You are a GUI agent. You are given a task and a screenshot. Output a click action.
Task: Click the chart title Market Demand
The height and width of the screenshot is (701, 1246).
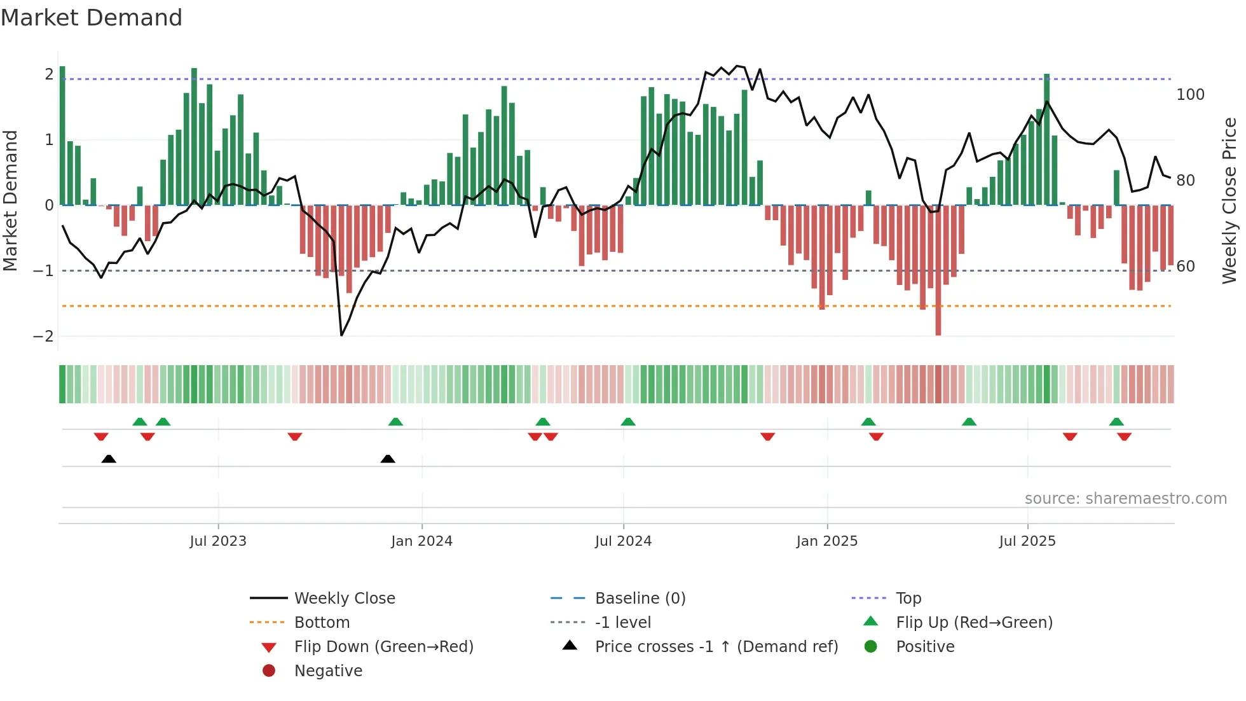pyautogui.click(x=92, y=18)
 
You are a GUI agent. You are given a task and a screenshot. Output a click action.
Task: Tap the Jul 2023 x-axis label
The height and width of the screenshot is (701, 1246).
pyautogui.click(x=218, y=541)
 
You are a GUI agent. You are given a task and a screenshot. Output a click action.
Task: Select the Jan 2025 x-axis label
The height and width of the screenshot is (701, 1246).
pyautogui.click(x=826, y=541)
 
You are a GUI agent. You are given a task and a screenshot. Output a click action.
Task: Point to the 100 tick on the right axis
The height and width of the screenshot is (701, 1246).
pyautogui.click(x=1190, y=95)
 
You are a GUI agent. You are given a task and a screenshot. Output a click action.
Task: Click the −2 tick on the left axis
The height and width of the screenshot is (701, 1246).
pyautogui.click(x=43, y=336)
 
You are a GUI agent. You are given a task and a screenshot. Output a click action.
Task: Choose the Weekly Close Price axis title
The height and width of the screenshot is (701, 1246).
pyautogui.click(x=1229, y=200)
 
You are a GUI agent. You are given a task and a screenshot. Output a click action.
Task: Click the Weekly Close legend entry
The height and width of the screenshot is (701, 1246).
pyautogui.click(x=344, y=599)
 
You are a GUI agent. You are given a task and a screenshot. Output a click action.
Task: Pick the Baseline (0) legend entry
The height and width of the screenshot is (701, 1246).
pyautogui.click(x=640, y=599)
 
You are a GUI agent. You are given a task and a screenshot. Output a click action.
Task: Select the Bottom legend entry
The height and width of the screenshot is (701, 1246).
pyautogui.click(x=322, y=623)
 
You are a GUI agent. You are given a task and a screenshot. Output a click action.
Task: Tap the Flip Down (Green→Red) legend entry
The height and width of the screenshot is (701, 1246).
pyautogui.click(x=383, y=647)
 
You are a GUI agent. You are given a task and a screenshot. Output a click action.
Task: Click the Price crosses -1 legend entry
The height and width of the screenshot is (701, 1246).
pyautogui.click(x=716, y=647)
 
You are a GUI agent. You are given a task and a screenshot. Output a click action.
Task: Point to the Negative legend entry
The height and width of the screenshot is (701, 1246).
pyautogui.click(x=328, y=671)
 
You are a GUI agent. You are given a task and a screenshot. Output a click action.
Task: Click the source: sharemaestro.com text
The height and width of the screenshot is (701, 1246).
pyautogui.click(x=1125, y=499)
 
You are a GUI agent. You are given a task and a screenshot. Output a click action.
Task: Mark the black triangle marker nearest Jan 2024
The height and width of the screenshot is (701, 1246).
pyautogui.click(x=388, y=459)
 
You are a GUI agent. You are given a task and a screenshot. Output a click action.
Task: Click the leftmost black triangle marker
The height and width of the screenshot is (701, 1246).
pyautogui.click(x=109, y=459)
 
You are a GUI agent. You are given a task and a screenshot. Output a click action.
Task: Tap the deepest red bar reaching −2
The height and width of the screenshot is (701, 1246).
pyautogui.click(x=938, y=270)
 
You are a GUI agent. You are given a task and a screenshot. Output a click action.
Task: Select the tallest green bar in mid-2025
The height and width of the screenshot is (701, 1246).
pyautogui.click(x=1046, y=140)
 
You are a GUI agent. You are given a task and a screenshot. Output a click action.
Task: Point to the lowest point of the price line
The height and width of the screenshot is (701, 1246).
pyautogui.click(x=341, y=335)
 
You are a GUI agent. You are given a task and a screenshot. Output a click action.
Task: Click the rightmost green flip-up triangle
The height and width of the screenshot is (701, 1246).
pyautogui.click(x=1116, y=422)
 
